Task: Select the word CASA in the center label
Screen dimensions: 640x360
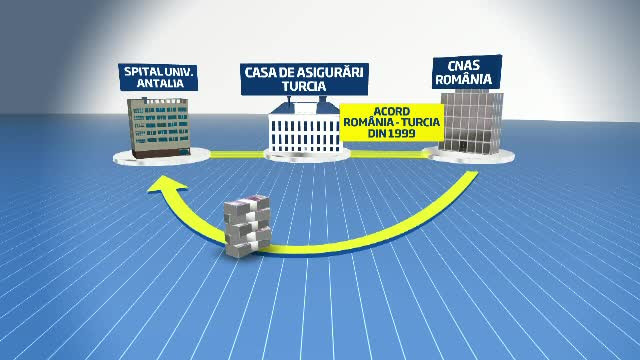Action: click(262, 72)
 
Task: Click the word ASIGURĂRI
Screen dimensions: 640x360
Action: click(331, 72)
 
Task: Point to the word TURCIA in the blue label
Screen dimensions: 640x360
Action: click(305, 86)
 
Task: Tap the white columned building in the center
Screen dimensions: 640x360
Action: click(306, 133)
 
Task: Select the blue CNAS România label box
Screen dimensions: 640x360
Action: click(463, 74)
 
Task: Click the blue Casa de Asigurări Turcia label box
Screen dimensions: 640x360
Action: click(305, 79)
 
